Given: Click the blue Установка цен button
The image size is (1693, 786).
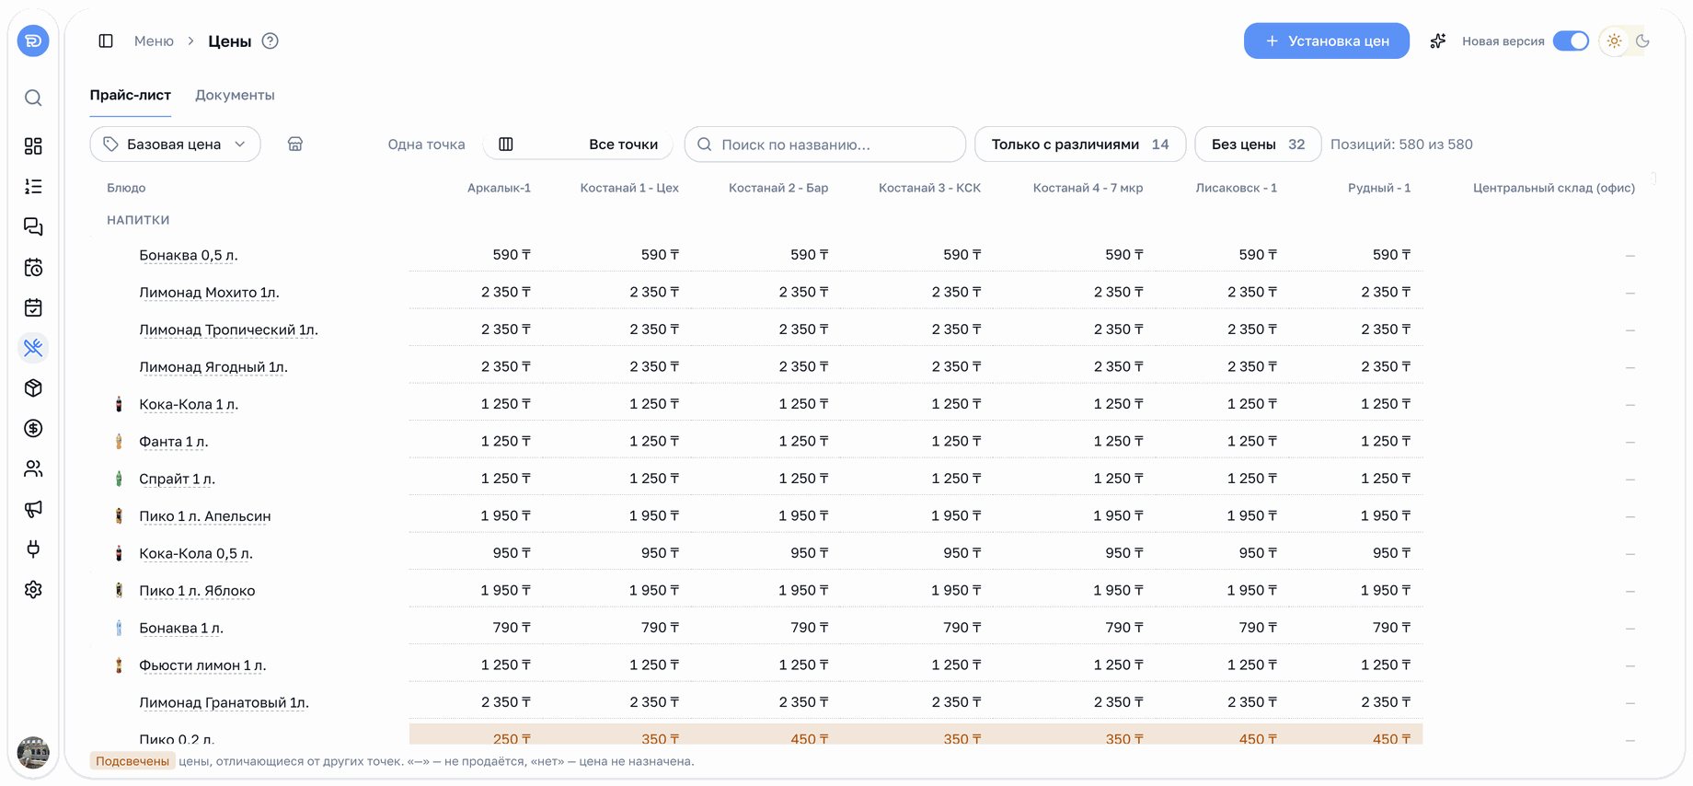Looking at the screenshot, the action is [x=1326, y=40].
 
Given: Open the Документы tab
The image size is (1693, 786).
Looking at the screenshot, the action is [x=235, y=95].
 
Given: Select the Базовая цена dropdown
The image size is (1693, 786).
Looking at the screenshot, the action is [x=175, y=144].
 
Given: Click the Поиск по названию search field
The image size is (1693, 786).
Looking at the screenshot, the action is [x=824, y=144].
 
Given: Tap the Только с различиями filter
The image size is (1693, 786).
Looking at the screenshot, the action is [x=1079, y=144].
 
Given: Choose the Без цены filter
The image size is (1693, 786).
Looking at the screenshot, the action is [x=1257, y=144].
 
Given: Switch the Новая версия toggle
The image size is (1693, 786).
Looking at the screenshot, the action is [x=1570, y=41].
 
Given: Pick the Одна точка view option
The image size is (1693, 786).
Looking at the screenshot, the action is [x=426, y=144].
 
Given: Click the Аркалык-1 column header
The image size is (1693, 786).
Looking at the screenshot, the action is [x=499, y=188].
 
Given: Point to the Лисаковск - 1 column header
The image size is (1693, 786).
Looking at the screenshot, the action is [x=1236, y=188].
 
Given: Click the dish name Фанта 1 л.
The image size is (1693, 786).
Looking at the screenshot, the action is [x=174, y=442].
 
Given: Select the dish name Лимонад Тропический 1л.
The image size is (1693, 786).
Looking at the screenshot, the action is [x=228, y=329].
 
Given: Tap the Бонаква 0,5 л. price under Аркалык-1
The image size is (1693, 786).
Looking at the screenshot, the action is [x=512, y=255].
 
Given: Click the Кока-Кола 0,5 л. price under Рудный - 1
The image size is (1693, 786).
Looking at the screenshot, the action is [x=1391, y=553].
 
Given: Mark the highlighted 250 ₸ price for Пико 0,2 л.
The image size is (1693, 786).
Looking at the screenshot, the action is [x=512, y=738].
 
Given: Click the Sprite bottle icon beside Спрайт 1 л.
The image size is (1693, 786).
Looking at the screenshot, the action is [x=119, y=479].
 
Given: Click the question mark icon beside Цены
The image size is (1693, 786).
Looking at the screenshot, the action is [x=270, y=40].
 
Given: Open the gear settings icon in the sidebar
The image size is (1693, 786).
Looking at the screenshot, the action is [x=33, y=590].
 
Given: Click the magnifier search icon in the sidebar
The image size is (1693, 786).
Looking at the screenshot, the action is [x=33, y=98].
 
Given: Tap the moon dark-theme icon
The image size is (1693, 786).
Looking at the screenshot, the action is [x=1642, y=41].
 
